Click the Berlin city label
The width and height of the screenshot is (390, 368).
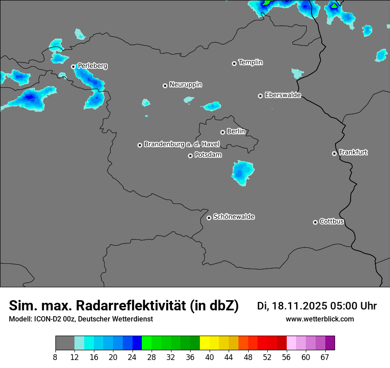(x=236, y=132)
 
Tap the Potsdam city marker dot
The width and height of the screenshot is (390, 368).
(x=190, y=156)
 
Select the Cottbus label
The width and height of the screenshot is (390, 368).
(x=331, y=222)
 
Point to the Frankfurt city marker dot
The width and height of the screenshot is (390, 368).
(x=334, y=153)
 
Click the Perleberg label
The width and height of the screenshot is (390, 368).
(x=93, y=66)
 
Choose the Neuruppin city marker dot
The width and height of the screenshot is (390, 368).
(x=165, y=86)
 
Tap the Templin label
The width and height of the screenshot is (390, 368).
(x=251, y=63)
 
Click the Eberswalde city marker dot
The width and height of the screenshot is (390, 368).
(x=260, y=96)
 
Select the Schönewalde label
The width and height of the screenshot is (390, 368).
(x=234, y=217)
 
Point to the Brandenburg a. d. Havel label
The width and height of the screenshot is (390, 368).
(x=182, y=145)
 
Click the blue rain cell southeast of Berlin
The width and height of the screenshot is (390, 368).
(x=242, y=172)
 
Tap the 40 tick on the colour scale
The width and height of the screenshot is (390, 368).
(x=210, y=357)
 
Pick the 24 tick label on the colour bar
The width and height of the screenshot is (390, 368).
(x=132, y=357)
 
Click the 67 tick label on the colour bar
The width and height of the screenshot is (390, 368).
(x=325, y=357)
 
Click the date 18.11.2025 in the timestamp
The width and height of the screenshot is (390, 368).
(x=299, y=306)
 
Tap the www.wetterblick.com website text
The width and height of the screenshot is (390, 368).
(x=320, y=319)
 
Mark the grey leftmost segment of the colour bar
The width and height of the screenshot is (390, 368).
(x=65, y=343)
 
